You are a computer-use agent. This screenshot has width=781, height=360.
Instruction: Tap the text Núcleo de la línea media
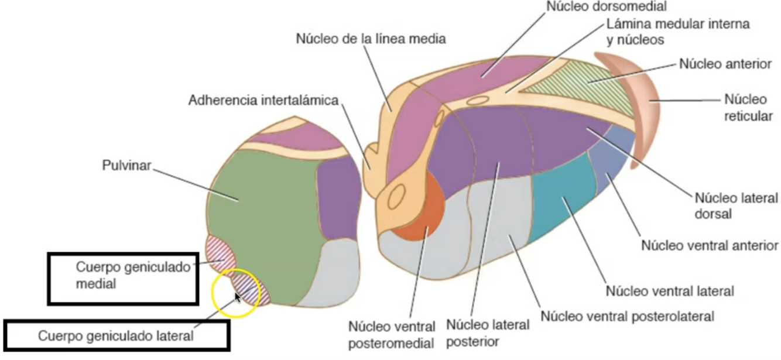tap(371, 39)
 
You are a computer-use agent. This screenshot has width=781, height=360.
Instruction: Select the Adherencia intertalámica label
tap(263, 100)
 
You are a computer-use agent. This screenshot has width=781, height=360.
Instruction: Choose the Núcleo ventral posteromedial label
tap(391, 334)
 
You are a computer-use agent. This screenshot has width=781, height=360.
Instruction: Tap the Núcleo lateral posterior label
tap(487, 332)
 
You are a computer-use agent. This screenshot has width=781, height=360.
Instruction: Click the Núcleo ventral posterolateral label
tap(627, 317)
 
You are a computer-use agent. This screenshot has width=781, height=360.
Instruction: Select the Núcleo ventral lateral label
tap(670, 290)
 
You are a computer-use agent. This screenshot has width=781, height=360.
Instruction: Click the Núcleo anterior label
tap(725, 64)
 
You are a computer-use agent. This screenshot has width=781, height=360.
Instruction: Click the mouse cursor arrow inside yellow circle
tap(237, 297)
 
